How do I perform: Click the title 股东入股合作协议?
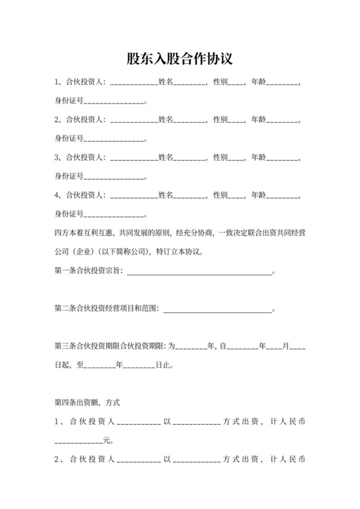[179, 58]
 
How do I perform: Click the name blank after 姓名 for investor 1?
[190, 84]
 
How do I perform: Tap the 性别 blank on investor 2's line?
[236, 121]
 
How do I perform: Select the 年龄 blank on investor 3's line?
[283, 158]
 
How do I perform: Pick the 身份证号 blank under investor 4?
[114, 214]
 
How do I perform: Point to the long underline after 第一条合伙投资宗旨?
[200, 272]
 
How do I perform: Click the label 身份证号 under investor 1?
[69, 102]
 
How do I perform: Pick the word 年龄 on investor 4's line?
[258, 195]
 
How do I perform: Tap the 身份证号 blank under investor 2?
[114, 139]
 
